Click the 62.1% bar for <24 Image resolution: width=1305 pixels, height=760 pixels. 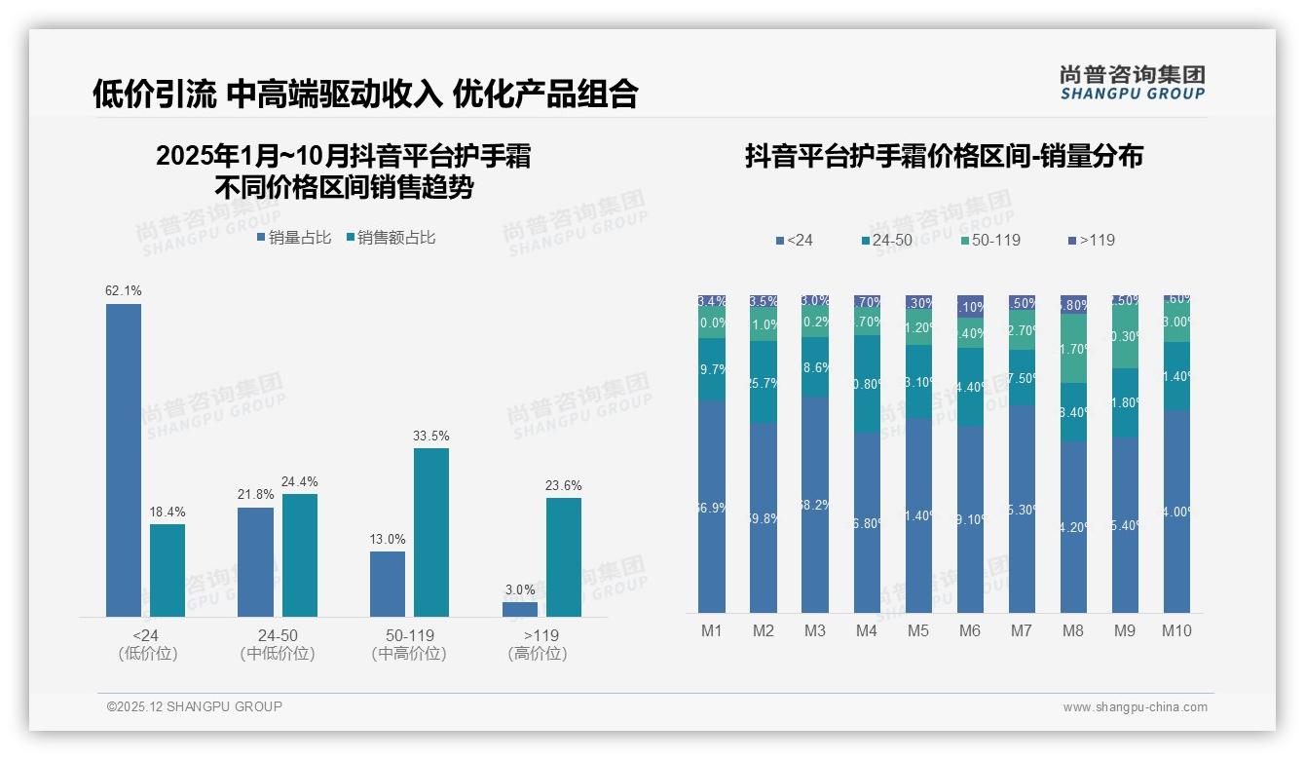pyautogui.click(x=124, y=460)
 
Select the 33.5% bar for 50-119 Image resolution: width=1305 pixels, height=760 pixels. pyautogui.click(x=431, y=532)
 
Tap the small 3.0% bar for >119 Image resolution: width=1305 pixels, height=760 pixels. pyautogui.click(x=520, y=609)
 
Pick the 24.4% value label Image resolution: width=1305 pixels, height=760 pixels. pyautogui.click(x=299, y=481)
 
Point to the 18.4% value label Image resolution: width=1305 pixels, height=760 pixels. pyautogui.click(x=167, y=512)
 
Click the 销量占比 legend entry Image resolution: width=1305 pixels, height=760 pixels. pyautogui.click(x=294, y=237)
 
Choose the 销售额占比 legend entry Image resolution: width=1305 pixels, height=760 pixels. pyautogui.click(x=391, y=237)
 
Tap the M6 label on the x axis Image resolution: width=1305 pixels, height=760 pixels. pyautogui.click(x=969, y=630)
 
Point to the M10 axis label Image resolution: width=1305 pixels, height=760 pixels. pyautogui.click(x=1176, y=630)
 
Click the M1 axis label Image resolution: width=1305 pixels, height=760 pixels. pyautogui.click(x=712, y=630)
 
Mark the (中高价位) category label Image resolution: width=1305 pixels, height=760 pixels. pyautogui.click(x=409, y=654)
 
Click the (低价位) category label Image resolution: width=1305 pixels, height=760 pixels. pyautogui.click(x=148, y=654)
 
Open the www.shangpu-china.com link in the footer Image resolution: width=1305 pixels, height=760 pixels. pyautogui.click(x=1135, y=707)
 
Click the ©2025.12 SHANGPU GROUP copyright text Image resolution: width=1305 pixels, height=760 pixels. pyautogui.click(x=195, y=706)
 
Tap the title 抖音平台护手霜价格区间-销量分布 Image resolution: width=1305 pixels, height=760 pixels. pyautogui.click(x=944, y=157)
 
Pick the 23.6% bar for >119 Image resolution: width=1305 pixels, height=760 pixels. pyautogui.click(x=564, y=557)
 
